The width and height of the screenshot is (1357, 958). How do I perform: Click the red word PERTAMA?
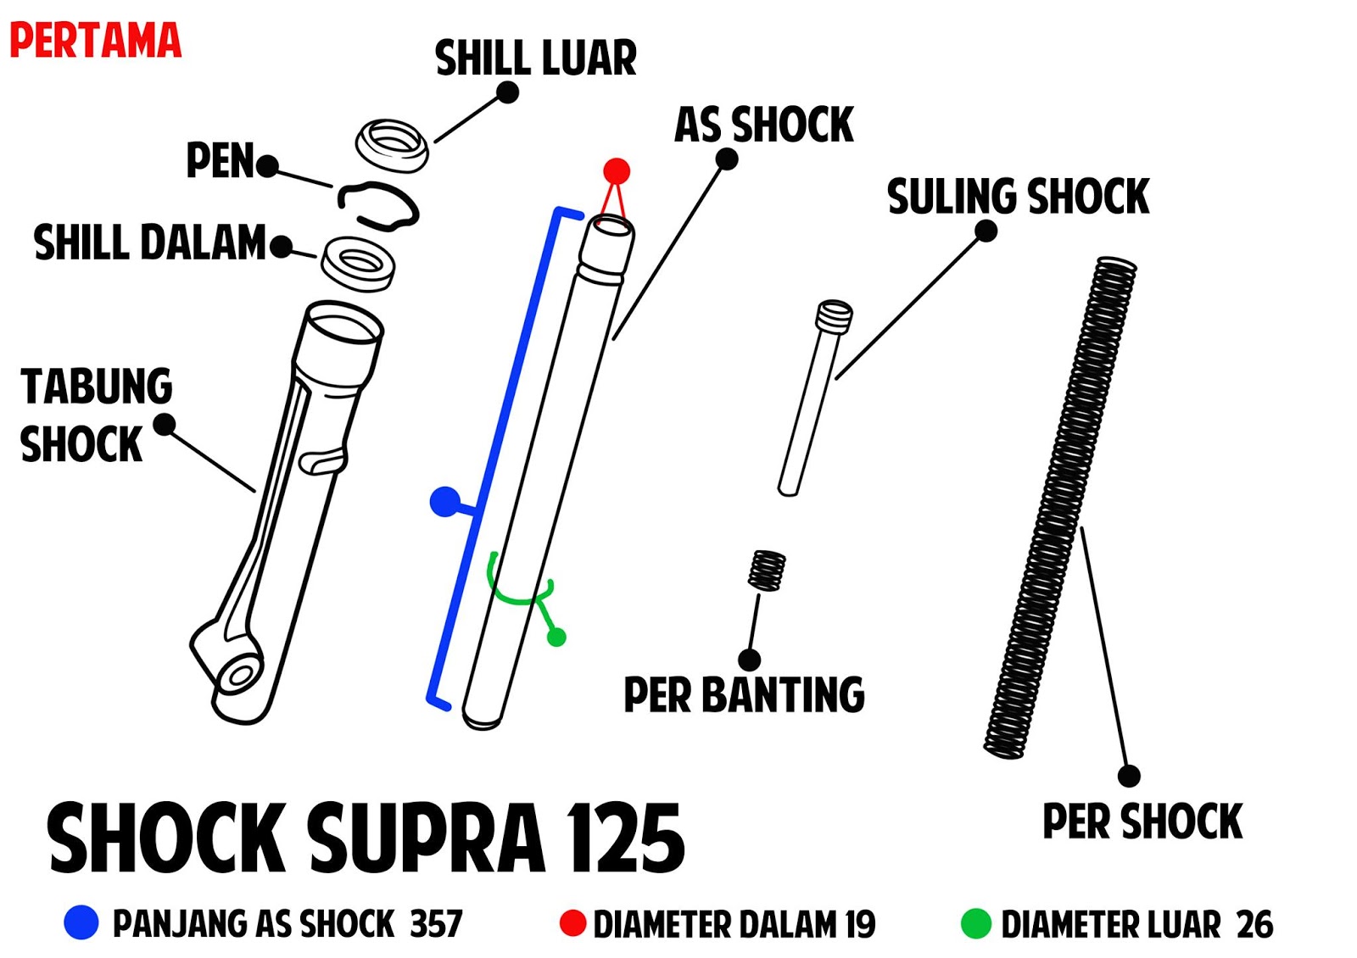pyautogui.click(x=95, y=41)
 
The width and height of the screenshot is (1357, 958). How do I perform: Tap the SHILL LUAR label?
pyautogui.click(x=535, y=58)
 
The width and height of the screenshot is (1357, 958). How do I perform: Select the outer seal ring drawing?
pyautogui.click(x=392, y=144)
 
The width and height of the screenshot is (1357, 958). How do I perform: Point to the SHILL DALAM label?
pyautogui.click(x=150, y=242)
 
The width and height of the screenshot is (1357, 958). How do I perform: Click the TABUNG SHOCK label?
pyautogui.click(x=95, y=415)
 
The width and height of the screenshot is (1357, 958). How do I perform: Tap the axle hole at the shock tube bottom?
pyautogui.click(x=239, y=677)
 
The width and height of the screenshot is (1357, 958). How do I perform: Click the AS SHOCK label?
pyautogui.click(x=763, y=125)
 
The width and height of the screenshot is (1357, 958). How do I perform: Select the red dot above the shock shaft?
pyautogui.click(x=617, y=171)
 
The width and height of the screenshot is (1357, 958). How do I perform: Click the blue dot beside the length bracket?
pyautogui.click(x=444, y=502)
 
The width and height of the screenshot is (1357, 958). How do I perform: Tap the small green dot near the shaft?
pyautogui.click(x=556, y=637)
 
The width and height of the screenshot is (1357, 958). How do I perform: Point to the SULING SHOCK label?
pyautogui.click(x=1018, y=197)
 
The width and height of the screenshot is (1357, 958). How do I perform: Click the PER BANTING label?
pyautogui.click(x=744, y=695)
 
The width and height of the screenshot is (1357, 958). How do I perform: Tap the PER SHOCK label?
pyautogui.click(x=1142, y=822)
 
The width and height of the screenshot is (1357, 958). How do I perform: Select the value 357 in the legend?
pyautogui.click(x=437, y=923)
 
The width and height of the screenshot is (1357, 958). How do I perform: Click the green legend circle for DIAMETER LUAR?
pyautogui.click(x=975, y=923)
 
